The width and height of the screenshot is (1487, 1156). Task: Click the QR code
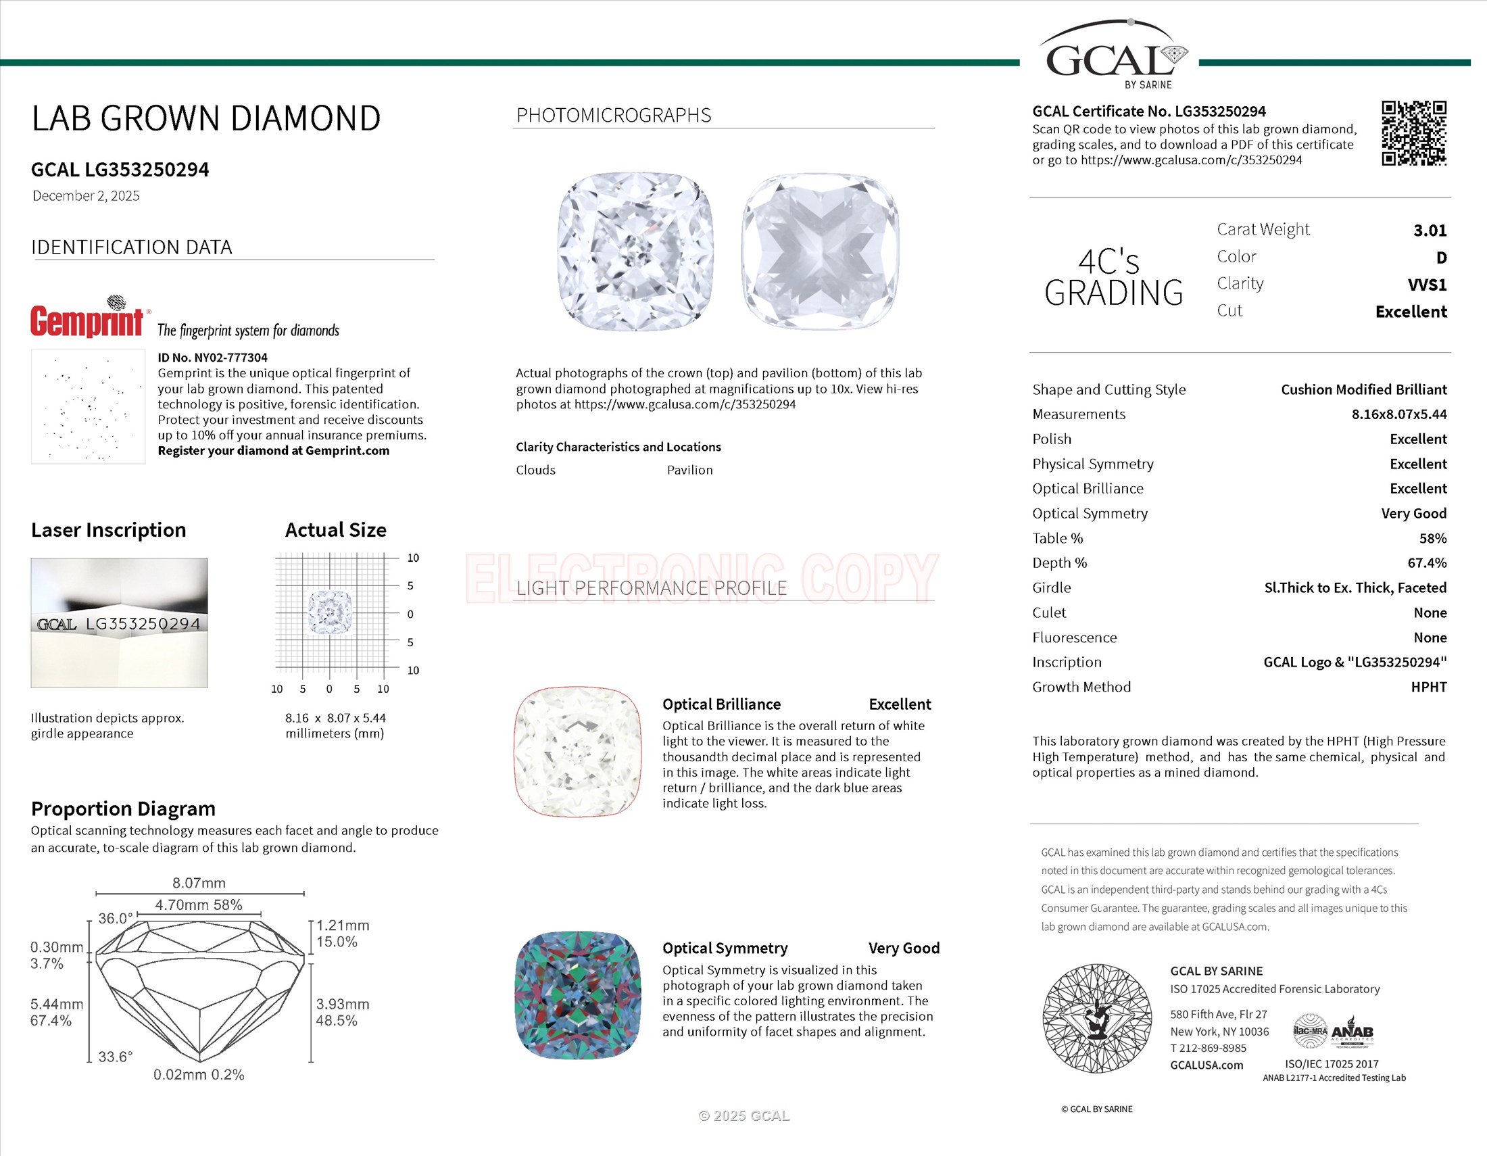1413,133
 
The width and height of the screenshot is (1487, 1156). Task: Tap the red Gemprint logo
87,320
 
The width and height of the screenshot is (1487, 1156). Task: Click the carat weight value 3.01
1429,231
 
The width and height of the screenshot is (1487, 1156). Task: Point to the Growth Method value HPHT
1428,687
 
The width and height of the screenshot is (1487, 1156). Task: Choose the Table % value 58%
1432,539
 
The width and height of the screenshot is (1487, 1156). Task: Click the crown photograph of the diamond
636,251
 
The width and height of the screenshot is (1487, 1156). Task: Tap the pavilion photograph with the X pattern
820,251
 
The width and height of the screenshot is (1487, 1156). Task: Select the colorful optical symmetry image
578,994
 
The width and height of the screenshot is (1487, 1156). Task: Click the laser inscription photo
119,622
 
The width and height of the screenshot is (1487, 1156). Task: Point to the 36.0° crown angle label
115,919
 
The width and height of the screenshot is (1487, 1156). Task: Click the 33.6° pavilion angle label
115,1057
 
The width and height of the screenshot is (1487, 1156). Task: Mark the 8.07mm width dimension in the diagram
199,883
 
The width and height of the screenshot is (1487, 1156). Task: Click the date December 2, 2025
86,196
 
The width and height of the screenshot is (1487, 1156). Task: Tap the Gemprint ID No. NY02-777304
212,358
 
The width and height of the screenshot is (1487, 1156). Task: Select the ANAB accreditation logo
1352,1032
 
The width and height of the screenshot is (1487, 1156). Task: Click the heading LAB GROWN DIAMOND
205,118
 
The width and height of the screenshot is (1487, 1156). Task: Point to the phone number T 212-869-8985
1208,1049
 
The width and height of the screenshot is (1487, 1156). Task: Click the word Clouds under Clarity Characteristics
535,470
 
